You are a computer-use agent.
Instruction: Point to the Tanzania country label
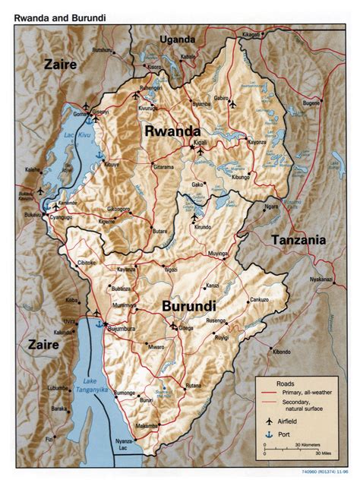coord(297,240)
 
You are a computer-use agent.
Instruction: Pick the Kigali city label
coord(201,143)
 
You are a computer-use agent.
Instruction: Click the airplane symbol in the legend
coord(267,419)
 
